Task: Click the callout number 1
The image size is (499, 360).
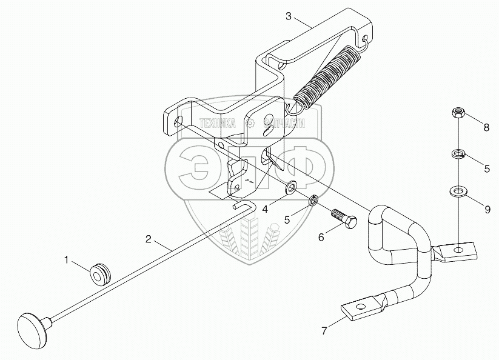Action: [x=67, y=260]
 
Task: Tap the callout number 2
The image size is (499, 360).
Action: [x=149, y=239]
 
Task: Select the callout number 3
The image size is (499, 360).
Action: [x=289, y=16]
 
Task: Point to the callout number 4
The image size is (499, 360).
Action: [x=266, y=209]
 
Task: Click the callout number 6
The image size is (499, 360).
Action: [x=321, y=237]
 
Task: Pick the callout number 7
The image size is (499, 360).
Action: [x=324, y=331]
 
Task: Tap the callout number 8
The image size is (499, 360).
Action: [x=486, y=127]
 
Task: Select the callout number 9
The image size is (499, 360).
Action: [x=487, y=210]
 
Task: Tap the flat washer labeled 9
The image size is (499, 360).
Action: [x=458, y=192]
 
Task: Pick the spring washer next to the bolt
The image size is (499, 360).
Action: [x=313, y=201]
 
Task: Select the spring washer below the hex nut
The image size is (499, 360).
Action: [x=458, y=154]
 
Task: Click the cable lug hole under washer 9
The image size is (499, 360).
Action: [x=458, y=248]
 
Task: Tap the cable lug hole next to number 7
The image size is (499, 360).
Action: [x=360, y=307]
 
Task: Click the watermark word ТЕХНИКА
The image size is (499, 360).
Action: [x=217, y=124]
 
